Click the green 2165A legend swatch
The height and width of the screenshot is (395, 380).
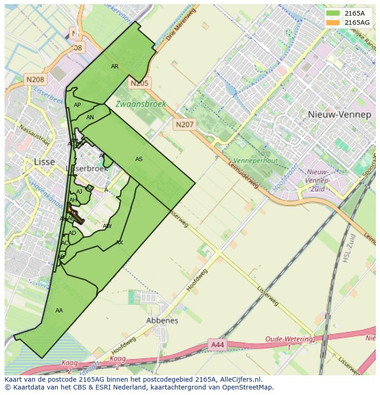coord(333,13)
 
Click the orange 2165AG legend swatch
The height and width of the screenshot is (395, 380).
coord(333,22)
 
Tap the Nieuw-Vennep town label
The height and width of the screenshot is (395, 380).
coord(340,115)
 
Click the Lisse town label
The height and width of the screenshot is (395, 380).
coord(45,162)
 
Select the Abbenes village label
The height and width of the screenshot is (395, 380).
coord(162,321)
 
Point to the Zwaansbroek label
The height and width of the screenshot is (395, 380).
coord(140,104)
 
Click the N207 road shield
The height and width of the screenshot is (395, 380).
coord(184,124)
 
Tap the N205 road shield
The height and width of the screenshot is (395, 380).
coord(139,83)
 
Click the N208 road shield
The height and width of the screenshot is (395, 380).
coord(35,79)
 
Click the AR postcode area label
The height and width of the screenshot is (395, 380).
coord(115,67)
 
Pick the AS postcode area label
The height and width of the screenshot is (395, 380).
coord(139,159)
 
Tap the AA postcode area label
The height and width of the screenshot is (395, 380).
coord(59,311)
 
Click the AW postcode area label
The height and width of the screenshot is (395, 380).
coord(107,226)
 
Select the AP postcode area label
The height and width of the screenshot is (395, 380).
coord(77,105)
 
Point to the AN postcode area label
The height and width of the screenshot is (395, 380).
coord(90,117)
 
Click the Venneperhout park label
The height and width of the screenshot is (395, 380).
coord(255,161)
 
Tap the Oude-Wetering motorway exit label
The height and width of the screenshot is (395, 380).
coord(289,340)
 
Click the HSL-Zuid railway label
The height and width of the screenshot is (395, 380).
coord(349,248)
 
